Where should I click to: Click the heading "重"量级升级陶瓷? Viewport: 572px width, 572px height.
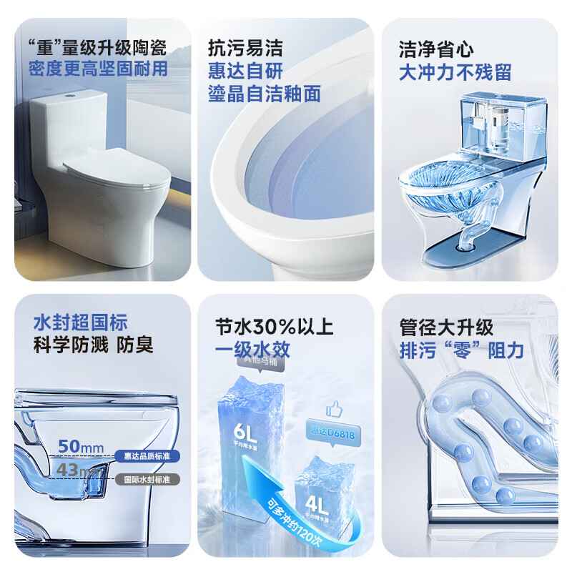[x=97, y=49]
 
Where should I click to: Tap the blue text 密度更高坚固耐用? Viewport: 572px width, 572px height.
[x=98, y=69]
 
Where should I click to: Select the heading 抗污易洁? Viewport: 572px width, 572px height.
[x=245, y=49]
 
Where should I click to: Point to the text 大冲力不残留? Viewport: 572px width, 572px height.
[x=455, y=71]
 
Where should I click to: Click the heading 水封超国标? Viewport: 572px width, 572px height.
[x=80, y=323]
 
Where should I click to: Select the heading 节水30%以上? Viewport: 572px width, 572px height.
[x=274, y=327]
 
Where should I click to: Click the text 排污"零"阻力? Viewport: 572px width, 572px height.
[x=461, y=350]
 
